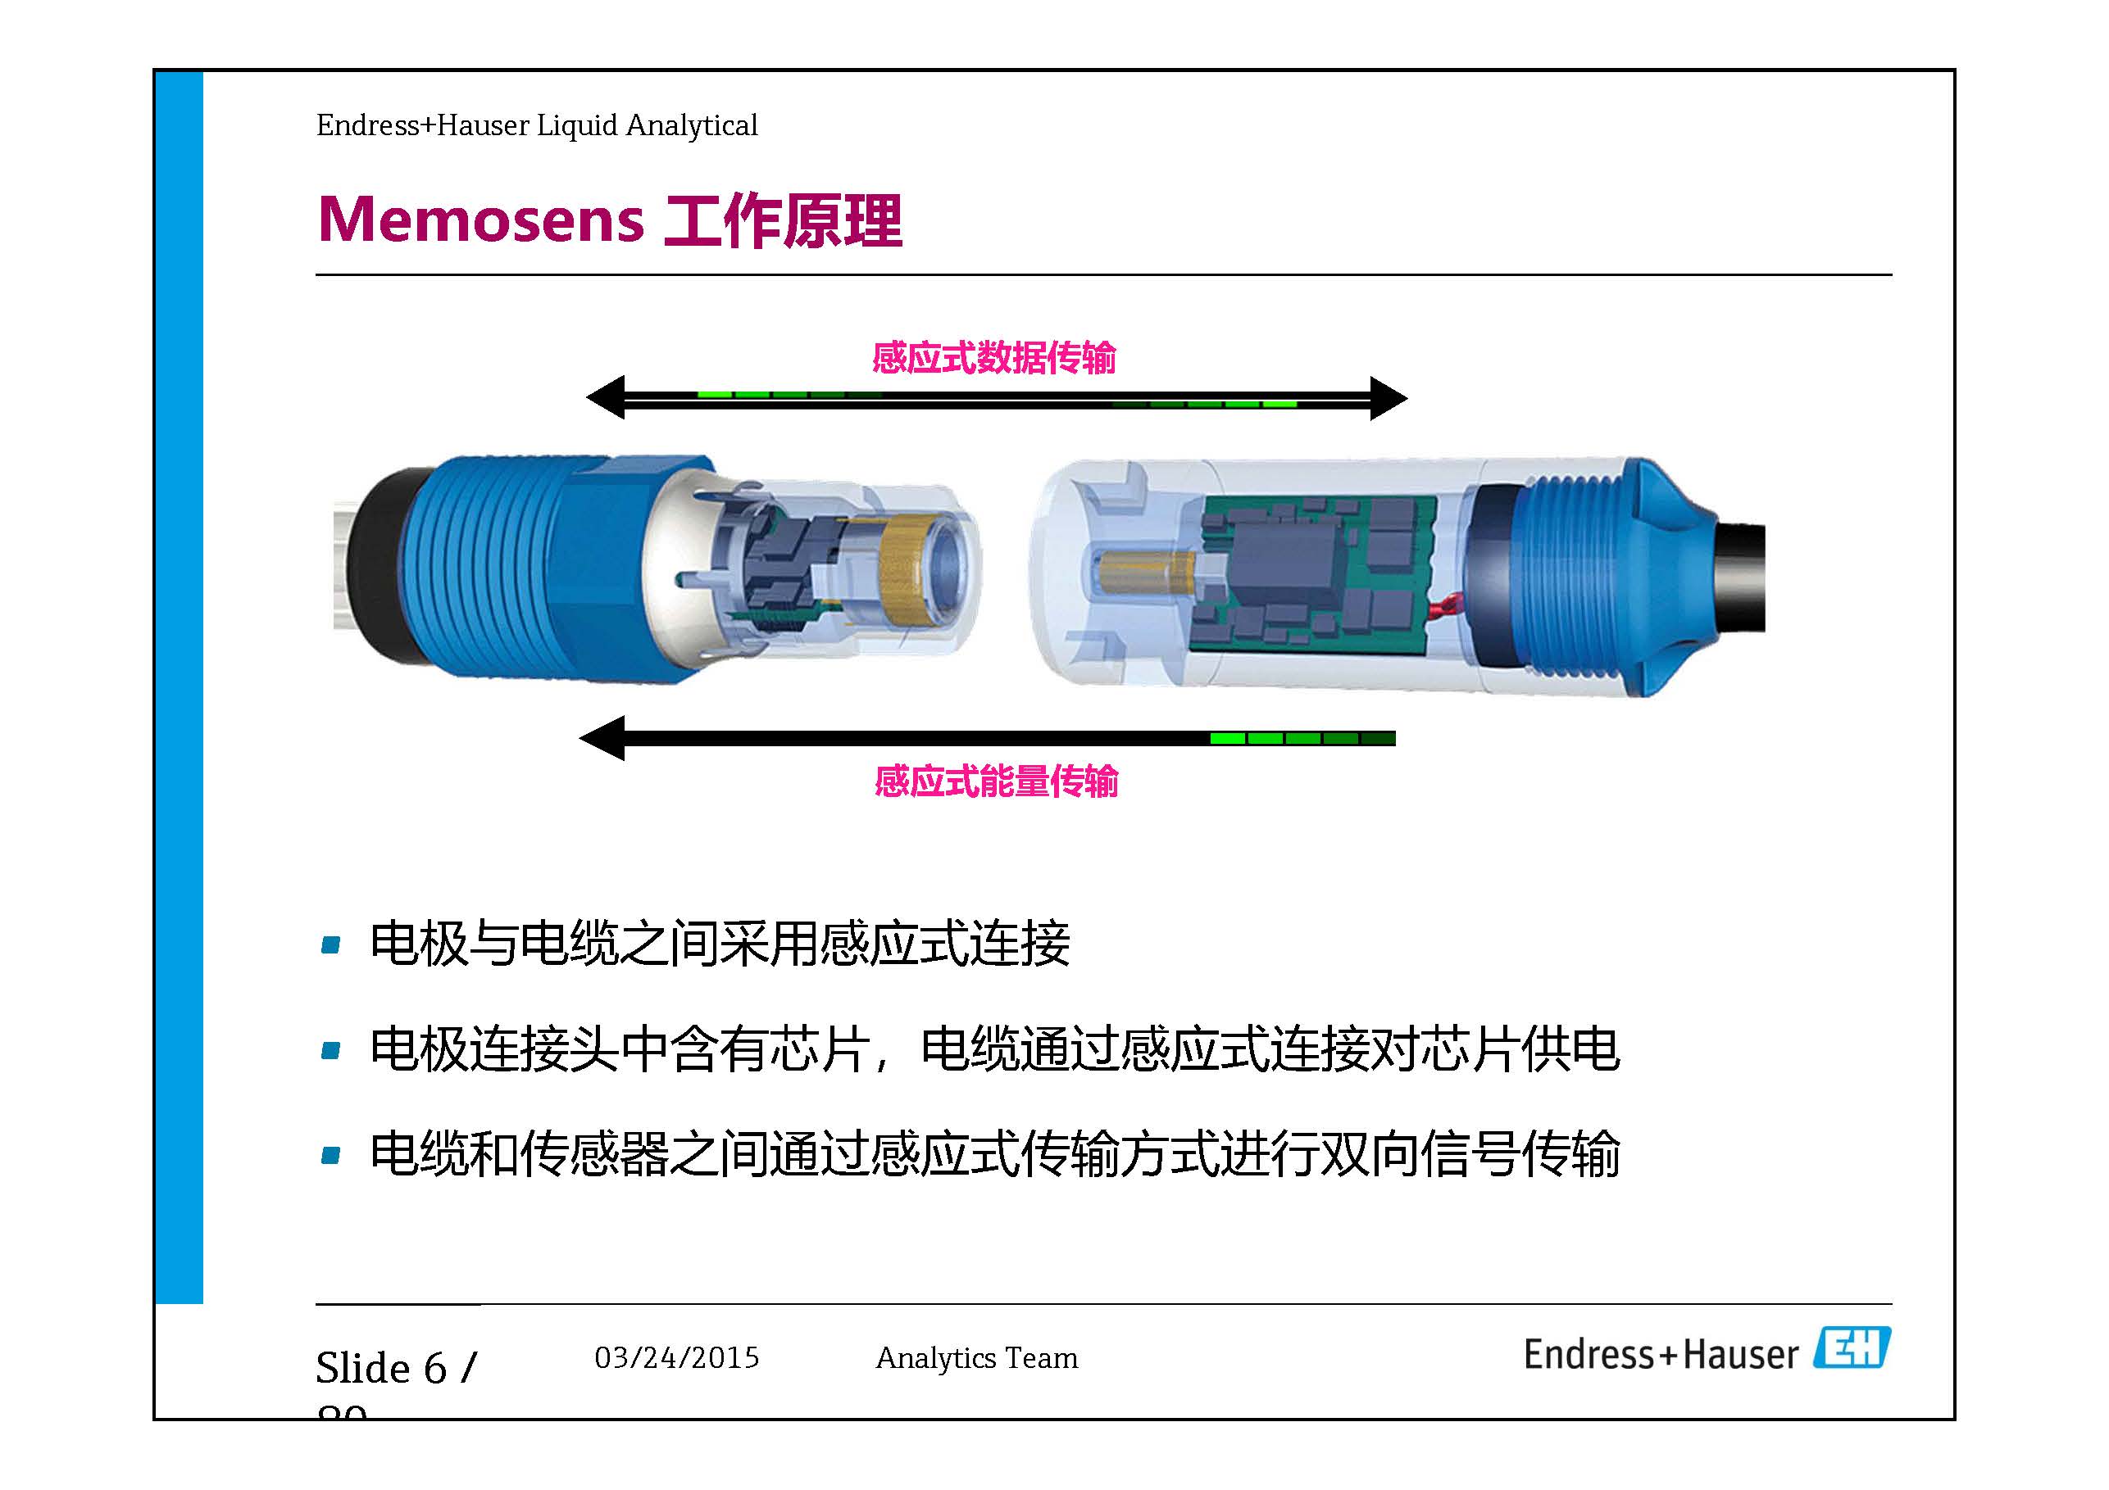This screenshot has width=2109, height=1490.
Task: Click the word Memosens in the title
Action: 480,220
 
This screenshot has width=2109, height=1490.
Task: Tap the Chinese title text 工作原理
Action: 783,220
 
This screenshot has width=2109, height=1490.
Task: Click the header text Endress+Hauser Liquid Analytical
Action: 536,125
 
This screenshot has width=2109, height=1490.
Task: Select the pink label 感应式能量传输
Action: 996,781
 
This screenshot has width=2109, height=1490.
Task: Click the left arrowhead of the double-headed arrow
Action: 607,397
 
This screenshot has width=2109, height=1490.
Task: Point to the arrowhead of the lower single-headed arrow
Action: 603,738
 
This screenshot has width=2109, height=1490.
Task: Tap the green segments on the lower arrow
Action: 1302,738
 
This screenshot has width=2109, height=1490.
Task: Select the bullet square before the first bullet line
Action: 330,944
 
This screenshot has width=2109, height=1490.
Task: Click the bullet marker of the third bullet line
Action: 330,1155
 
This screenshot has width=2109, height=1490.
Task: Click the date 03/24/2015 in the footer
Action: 677,1358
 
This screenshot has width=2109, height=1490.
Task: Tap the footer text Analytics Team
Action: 976,1358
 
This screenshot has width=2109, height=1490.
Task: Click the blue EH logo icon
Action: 1851,1347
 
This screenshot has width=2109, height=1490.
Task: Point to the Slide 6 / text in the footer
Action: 396,1368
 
